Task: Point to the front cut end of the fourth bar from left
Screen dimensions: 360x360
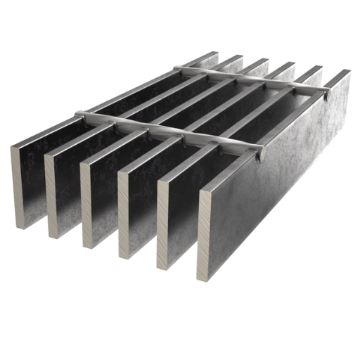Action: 123,214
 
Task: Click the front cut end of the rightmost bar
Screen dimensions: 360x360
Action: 205,236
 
